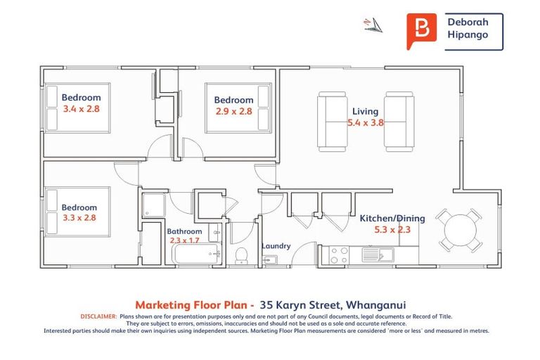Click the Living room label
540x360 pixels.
point(365,111)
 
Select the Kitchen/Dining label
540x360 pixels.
point(392,218)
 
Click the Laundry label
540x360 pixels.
point(276,246)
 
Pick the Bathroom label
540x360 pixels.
point(184,231)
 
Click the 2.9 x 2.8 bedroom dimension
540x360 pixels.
point(233,111)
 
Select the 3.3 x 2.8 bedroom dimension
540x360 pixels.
point(79,218)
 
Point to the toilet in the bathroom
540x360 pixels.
point(240,255)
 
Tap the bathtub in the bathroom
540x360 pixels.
point(197,254)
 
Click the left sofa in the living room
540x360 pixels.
point(332,122)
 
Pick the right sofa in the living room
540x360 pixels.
point(399,122)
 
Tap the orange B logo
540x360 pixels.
point(421,30)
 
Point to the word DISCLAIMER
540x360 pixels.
point(98,317)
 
